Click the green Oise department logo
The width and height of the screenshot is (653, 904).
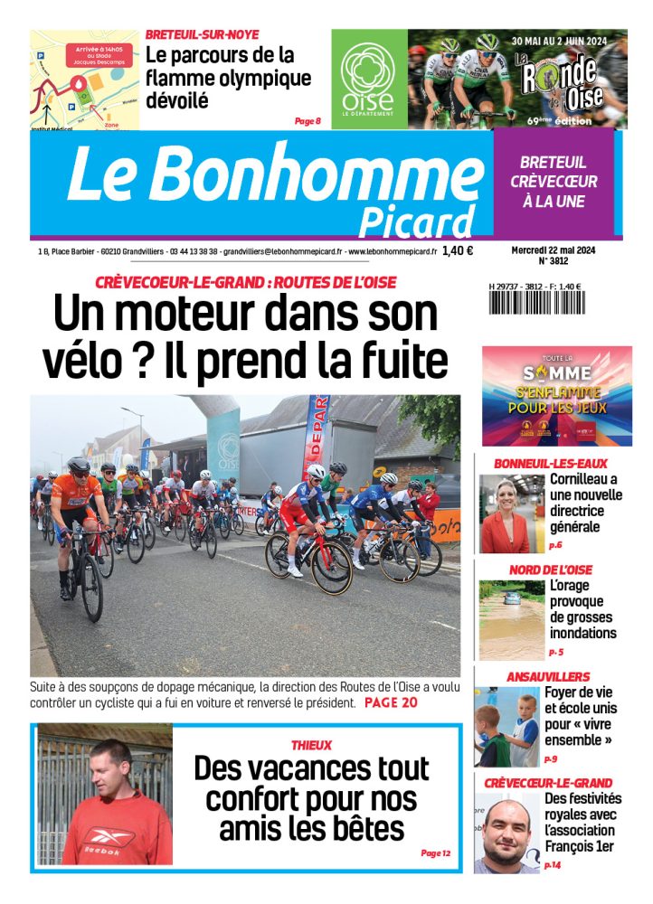tap(367, 79)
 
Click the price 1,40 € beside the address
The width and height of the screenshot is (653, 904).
tap(458, 252)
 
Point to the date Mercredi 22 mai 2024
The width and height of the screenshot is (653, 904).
tap(553, 250)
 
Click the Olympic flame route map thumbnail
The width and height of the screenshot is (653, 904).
tap(84, 80)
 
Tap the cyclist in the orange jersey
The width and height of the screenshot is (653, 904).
tap(76, 515)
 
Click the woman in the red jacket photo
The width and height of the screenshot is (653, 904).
tap(505, 513)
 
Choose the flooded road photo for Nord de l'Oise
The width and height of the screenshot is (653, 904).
tap(511, 619)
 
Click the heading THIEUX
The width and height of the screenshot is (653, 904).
tap(311, 746)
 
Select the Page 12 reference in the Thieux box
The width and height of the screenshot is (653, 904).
tap(435, 852)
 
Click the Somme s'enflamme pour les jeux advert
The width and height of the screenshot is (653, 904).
tap(556, 396)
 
